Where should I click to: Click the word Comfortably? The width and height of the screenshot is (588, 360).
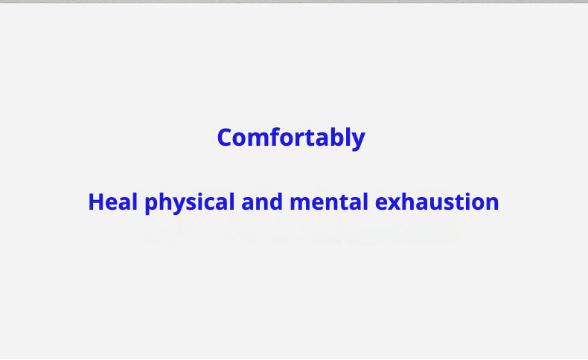[291, 138]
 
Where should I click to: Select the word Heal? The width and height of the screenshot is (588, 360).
[113, 202]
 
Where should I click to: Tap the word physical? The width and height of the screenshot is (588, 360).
[190, 202]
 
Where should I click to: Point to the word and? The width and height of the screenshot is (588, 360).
[262, 202]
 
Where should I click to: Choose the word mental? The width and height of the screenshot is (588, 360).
[329, 202]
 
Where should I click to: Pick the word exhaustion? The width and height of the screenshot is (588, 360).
[437, 202]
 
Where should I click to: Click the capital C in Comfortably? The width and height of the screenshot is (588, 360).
[225, 138]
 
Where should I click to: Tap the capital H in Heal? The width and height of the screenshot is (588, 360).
[96, 202]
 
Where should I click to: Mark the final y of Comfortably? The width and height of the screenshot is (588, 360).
[358, 141]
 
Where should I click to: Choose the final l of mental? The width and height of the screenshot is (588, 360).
[365, 202]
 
